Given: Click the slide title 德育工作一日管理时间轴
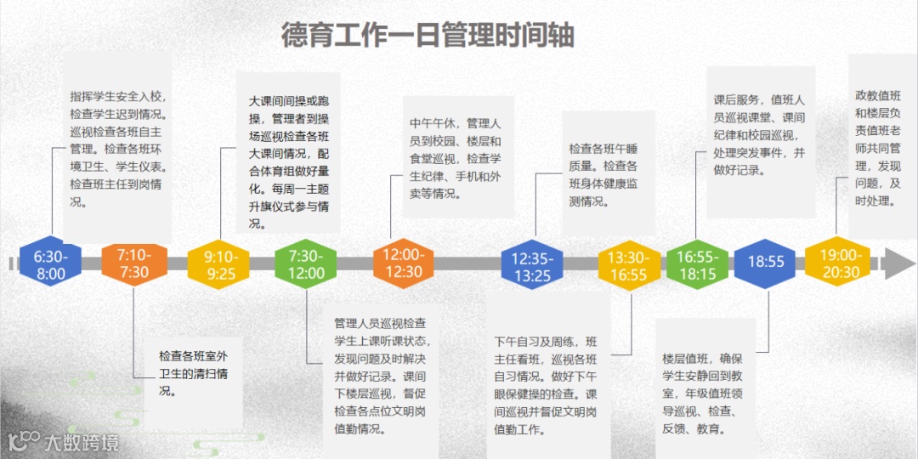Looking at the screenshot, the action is (428, 36).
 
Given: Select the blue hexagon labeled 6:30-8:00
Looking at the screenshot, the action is (51, 264).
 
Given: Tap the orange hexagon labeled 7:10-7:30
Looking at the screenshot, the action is (133, 264).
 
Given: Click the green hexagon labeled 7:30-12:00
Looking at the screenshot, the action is (306, 264).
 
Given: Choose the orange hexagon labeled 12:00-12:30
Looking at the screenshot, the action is (403, 264).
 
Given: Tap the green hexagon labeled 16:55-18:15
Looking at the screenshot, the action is (697, 264).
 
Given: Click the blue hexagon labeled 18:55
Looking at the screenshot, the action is (765, 263).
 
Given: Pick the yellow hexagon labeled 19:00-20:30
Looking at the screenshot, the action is (840, 264).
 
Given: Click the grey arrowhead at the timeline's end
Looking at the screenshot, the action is (898, 263).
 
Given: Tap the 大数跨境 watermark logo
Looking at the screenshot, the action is (63, 441).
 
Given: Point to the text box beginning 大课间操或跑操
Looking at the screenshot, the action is (288, 161).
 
